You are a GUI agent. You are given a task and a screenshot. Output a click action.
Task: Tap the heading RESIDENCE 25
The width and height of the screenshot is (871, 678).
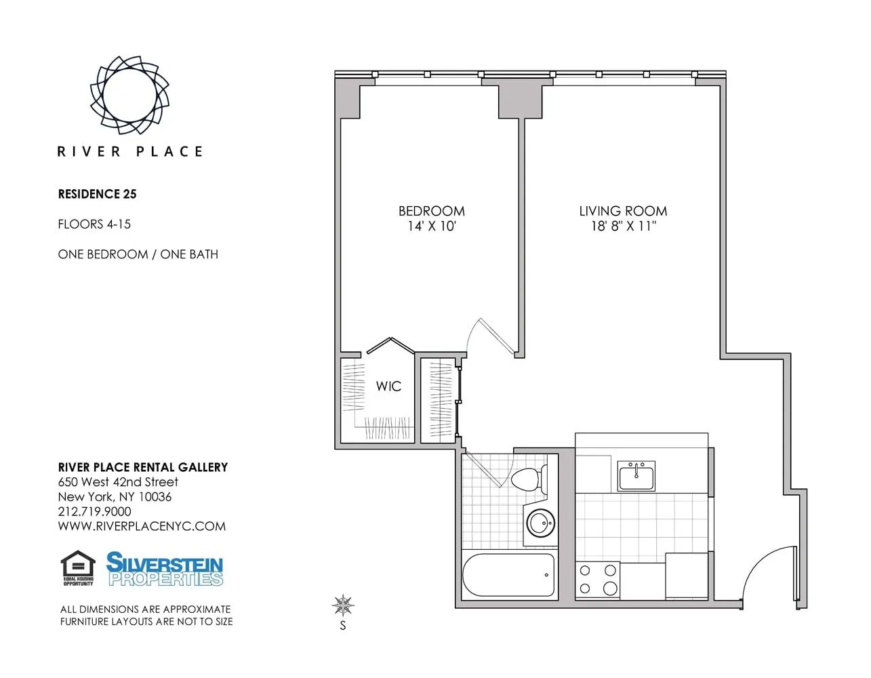[x=97, y=194]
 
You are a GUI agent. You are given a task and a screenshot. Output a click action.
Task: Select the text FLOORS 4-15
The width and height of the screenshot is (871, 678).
[x=94, y=224]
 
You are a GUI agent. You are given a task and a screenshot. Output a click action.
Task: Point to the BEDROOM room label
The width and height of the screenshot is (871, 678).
[x=431, y=211]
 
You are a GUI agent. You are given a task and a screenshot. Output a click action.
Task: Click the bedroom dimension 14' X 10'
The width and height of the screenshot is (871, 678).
[x=431, y=226]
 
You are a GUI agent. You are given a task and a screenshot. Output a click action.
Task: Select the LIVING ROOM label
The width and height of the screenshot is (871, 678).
[x=623, y=211]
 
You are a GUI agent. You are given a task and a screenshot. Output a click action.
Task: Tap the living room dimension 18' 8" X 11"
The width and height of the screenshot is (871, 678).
[x=623, y=226]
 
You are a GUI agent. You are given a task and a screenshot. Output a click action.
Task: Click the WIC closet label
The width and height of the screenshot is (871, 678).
[x=388, y=386]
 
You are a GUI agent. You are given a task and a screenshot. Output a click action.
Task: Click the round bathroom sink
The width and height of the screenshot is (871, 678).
[x=541, y=523]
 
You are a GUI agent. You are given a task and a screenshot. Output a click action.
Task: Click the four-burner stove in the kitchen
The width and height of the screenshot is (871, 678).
[x=597, y=580]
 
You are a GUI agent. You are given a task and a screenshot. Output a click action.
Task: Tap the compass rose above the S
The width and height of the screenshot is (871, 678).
[x=344, y=603]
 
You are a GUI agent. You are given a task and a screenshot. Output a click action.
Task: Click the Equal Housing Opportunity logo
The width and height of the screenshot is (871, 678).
[x=78, y=568]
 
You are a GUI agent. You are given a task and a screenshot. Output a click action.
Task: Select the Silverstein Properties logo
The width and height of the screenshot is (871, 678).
[x=165, y=569]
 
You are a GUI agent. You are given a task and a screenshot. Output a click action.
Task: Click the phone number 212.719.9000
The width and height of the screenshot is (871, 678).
[x=94, y=511]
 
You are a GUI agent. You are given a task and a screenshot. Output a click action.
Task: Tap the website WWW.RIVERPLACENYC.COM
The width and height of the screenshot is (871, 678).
[x=142, y=526]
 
